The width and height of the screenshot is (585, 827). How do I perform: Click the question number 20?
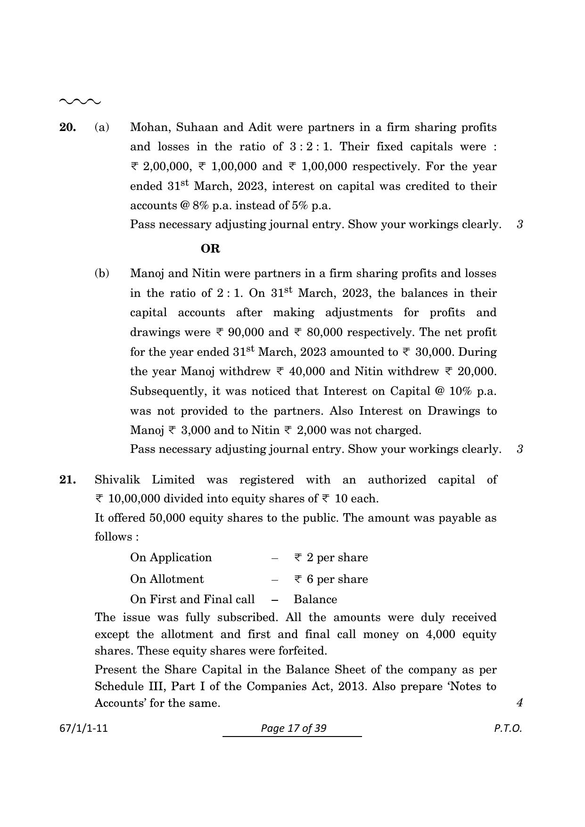(x=67, y=127)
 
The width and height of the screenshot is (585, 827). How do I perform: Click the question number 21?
(x=67, y=480)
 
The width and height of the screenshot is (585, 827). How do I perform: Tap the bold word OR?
(x=210, y=248)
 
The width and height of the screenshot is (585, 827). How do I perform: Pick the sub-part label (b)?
(x=102, y=273)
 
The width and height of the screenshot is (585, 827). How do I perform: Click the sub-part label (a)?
(x=102, y=127)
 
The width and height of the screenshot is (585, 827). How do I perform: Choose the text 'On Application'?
(x=171, y=557)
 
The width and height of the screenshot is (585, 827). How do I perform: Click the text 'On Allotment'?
(x=167, y=579)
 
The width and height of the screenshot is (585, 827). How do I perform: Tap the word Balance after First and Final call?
(x=315, y=599)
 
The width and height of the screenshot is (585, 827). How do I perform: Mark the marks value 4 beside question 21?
(x=519, y=703)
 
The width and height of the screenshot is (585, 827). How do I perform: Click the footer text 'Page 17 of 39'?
(x=293, y=729)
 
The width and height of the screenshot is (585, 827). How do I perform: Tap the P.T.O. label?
(x=508, y=729)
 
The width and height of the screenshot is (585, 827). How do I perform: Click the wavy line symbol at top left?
(x=80, y=101)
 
